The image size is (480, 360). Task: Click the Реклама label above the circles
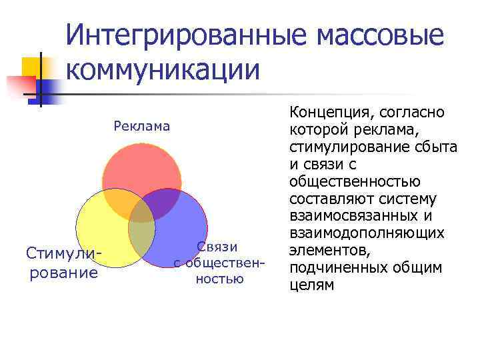coord(142,126)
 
